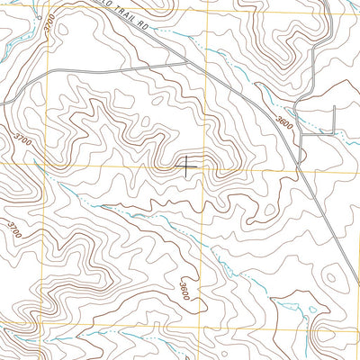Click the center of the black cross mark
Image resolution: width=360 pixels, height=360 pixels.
[x=187, y=166]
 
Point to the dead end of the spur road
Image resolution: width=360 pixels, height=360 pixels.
[x=334, y=106]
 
